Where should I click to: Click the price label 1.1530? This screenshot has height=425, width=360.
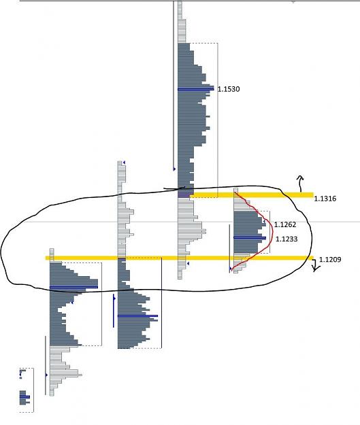click(229, 89)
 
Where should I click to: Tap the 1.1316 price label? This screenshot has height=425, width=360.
click(325, 199)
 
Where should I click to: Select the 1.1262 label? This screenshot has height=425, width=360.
click(285, 224)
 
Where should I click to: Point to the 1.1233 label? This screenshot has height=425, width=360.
click(287, 239)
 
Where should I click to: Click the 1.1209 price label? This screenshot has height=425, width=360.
click(330, 259)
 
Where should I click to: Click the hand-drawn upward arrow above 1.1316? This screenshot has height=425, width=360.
click(300, 184)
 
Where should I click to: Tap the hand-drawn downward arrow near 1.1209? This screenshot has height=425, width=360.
click(315, 265)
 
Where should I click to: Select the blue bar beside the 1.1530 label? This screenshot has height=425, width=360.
click(195, 89)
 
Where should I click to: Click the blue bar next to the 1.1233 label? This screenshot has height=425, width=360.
click(250, 238)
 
